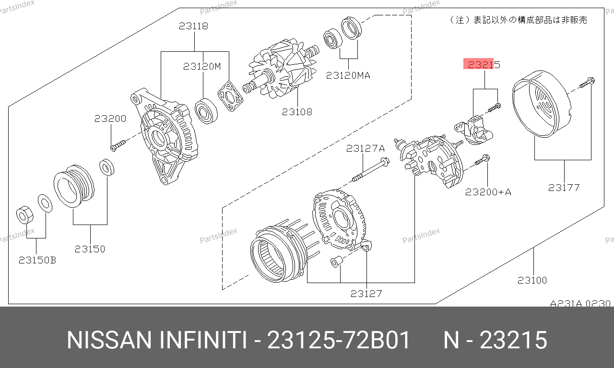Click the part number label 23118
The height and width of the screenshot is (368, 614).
pos(193,26)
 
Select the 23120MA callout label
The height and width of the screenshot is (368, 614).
pos(348,75)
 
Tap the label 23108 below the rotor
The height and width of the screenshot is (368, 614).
pos(297,112)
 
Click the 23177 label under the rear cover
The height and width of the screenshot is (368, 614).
pos(564,188)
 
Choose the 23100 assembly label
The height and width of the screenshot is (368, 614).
pos(532,280)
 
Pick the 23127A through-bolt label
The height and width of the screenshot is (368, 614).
pos(366,148)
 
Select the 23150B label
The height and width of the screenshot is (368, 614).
pos(37,260)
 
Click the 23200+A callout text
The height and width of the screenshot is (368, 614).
pos(488,192)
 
